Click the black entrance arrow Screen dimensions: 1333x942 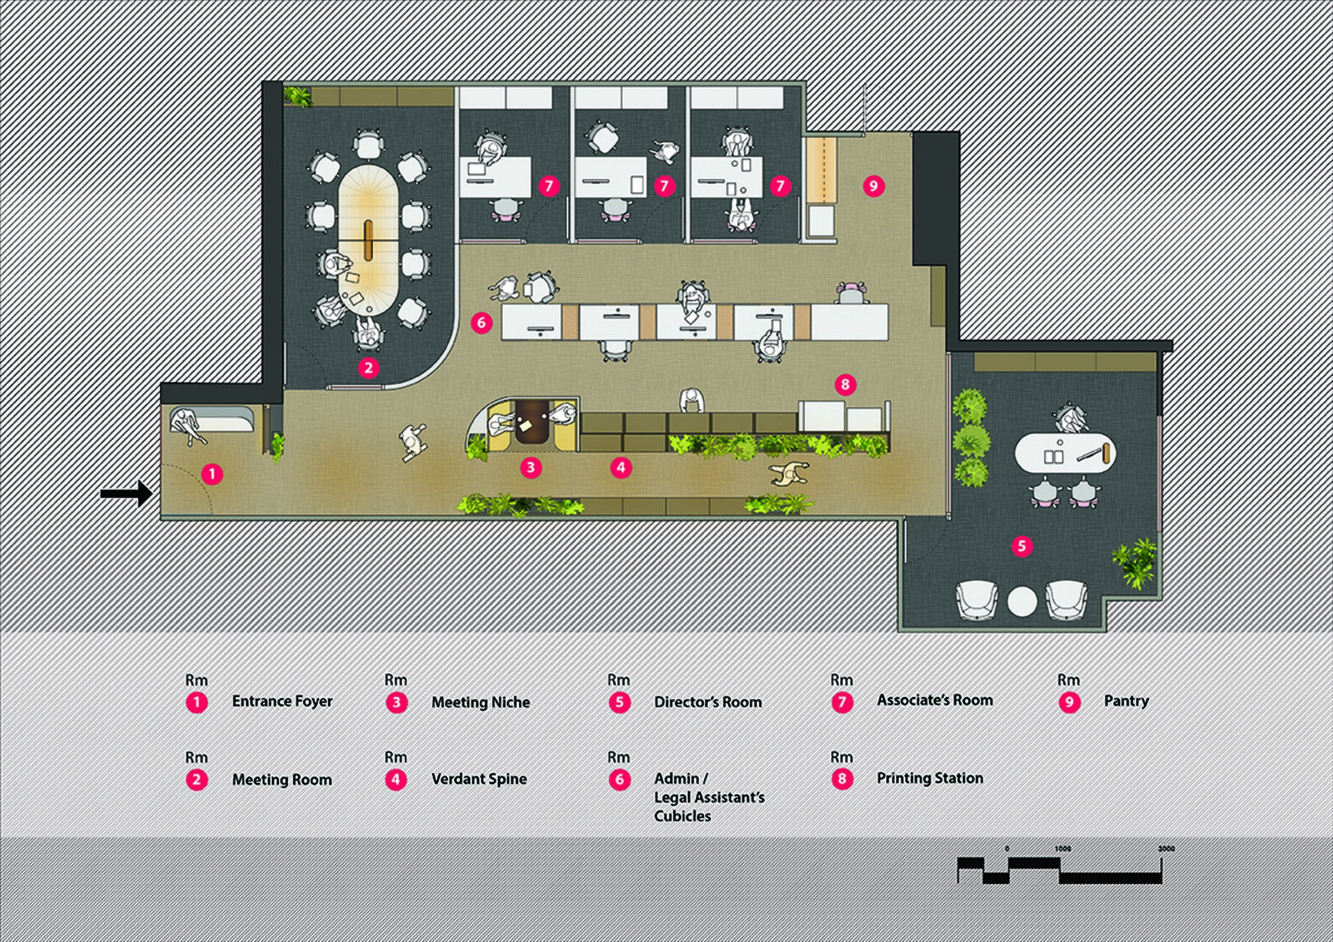127,494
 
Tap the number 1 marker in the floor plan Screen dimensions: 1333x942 212,474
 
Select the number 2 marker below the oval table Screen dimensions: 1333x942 369,367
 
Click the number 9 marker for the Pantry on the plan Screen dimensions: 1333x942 873,187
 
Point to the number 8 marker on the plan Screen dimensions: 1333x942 845,384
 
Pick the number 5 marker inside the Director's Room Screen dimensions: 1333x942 1022,546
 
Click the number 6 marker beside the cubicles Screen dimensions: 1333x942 482,322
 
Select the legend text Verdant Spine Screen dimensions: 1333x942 479,779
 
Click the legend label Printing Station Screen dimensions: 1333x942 930,778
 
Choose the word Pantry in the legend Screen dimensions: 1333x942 1126,701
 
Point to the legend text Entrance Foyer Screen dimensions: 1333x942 282,701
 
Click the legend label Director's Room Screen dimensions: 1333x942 708,702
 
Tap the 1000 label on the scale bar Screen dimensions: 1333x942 1063,849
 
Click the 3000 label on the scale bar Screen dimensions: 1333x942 1166,849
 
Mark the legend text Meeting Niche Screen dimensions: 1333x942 481,702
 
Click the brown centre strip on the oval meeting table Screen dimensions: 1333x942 369,241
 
